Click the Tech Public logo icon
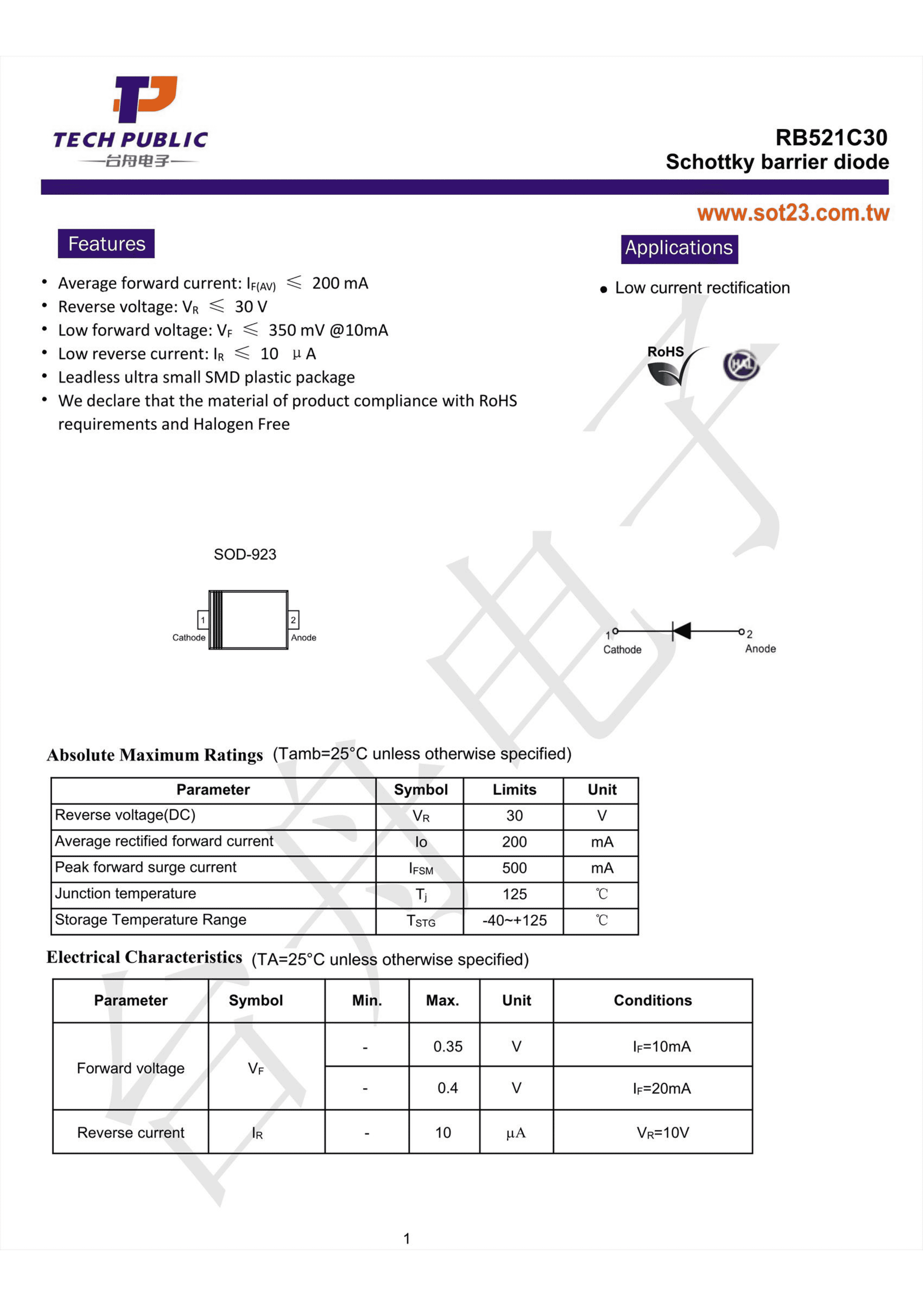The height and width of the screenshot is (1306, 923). [146, 99]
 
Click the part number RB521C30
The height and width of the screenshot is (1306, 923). [830, 138]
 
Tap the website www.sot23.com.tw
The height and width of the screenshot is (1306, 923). [793, 213]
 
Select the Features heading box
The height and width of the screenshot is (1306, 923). [106, 243]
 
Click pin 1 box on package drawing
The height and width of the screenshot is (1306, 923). [202, 619]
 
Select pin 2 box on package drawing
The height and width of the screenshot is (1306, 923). [293, 619]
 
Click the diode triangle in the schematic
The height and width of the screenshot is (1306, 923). [681, 631]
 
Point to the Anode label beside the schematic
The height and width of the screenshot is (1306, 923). [760, 648]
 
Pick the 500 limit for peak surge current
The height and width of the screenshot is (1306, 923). [514, 868]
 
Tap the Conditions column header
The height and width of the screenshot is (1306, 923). [652, 1000]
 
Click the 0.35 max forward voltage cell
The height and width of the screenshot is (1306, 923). [448, 1046]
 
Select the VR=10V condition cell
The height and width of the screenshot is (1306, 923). [662, 1133]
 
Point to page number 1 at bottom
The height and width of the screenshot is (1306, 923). [407, 1238]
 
